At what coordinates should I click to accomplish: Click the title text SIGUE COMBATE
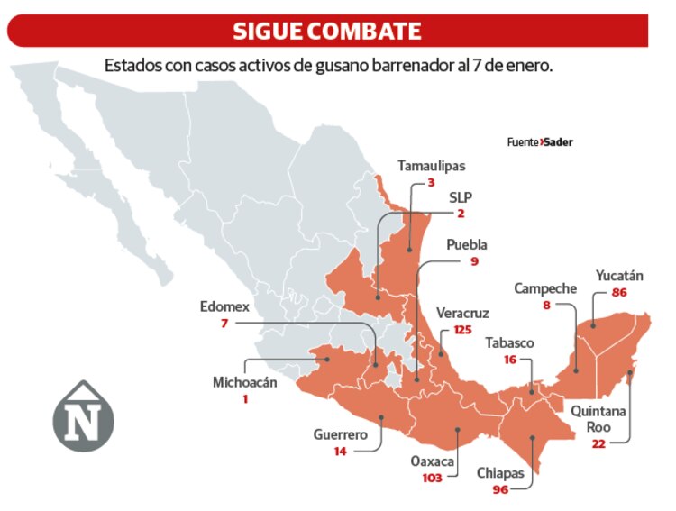326,31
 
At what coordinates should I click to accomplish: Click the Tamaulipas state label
432,166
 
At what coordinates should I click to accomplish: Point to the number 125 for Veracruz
462,330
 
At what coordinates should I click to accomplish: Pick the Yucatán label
618,275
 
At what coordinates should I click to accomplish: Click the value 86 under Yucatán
618,293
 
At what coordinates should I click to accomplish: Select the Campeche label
545,288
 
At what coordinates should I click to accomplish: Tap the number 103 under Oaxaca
432,478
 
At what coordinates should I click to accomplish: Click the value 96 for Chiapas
500,489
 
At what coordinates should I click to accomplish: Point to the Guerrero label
340,434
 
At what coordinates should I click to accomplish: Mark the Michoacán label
245,382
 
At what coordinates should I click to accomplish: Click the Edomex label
224,306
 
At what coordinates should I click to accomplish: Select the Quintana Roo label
597,419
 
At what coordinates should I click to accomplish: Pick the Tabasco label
509,342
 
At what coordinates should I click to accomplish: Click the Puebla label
466,244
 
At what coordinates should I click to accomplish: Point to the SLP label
461,196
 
